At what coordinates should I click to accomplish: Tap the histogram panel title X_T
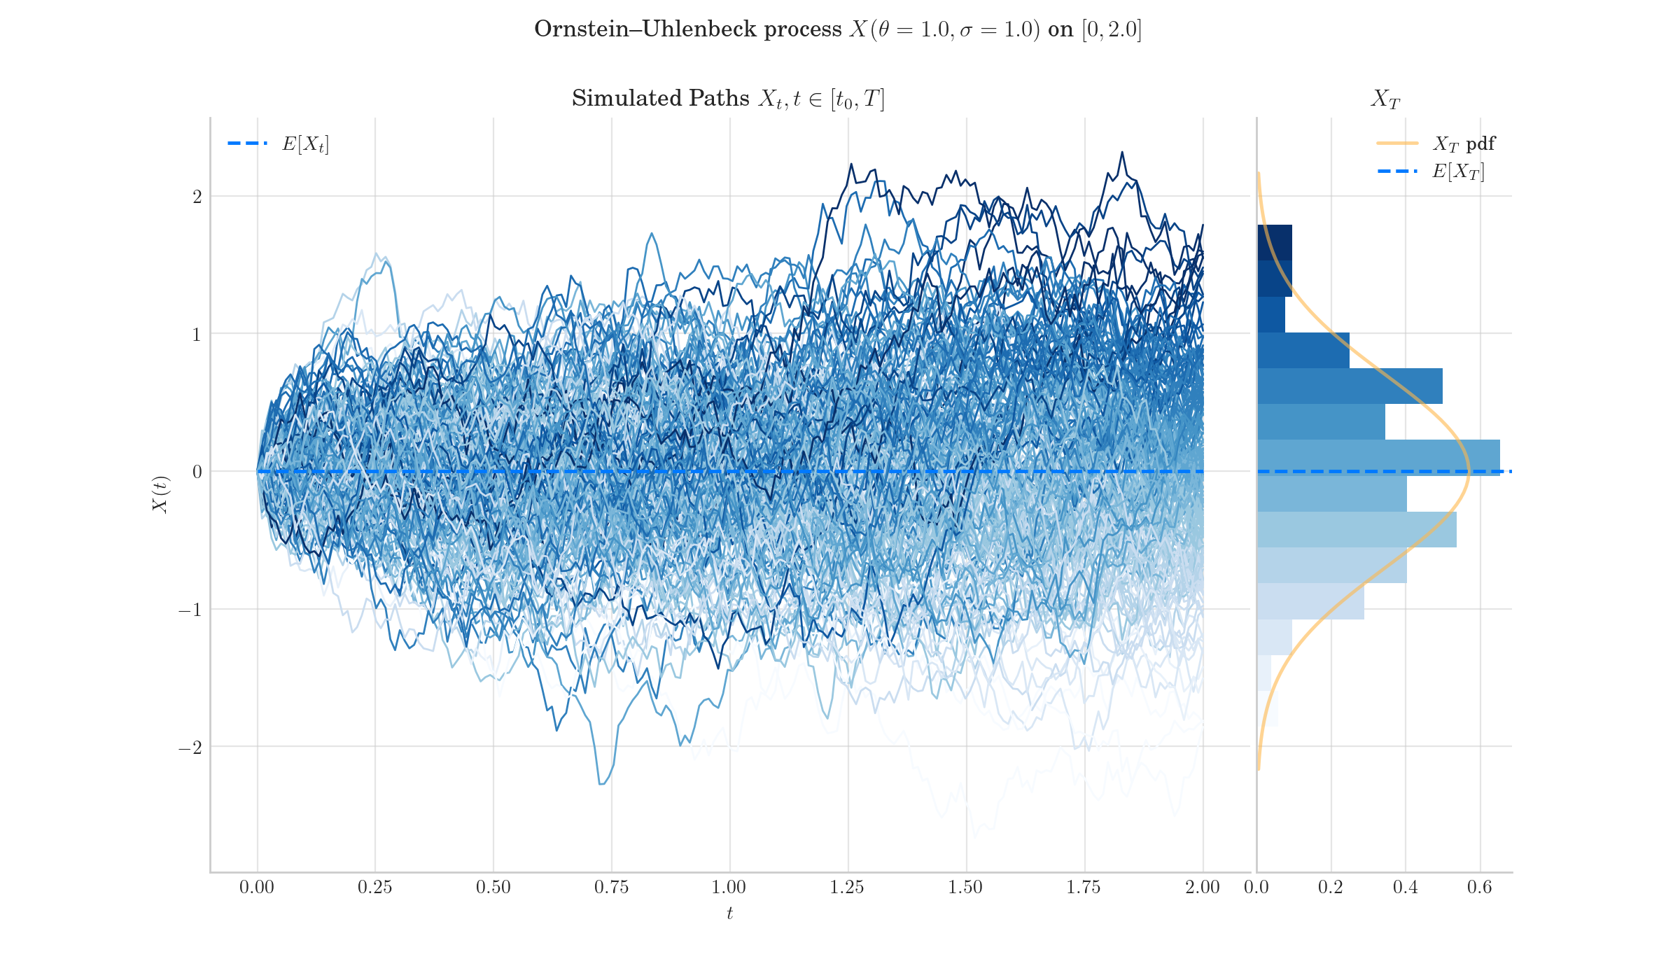tap(1385, 99)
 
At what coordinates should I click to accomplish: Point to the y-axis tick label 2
tap(197, 197)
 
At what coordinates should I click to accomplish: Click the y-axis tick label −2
tap(190, 748)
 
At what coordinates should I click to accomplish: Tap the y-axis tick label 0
tap(197, 472)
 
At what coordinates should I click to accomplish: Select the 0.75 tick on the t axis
tap(611, 888)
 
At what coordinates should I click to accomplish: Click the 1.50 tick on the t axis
tap(965, 888)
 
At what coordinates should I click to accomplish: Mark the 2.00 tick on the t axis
tap(1202, 888)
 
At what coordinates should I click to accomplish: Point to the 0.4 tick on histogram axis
tap(1405, 888)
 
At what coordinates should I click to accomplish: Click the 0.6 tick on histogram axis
tap(1479, 888)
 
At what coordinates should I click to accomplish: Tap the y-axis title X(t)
tap(160, 493)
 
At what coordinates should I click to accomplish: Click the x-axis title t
tap(729, 913)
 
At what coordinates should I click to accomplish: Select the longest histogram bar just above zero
tap(1378, 456)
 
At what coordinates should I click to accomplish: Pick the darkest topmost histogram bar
tap(1274, 242)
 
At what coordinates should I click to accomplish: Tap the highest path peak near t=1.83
tap(1122, 152)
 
